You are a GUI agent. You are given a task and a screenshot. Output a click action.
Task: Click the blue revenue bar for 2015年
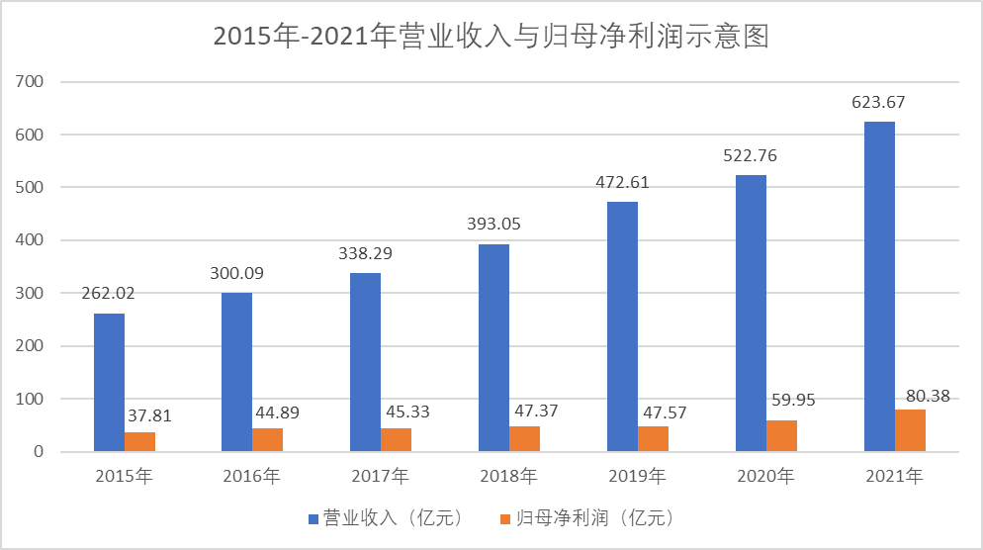point(109,383)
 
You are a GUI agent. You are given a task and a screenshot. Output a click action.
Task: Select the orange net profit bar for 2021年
point(910,430)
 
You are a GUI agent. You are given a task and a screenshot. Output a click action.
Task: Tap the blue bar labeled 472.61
point(622,326)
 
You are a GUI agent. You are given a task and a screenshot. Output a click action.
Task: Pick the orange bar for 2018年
point(525,439)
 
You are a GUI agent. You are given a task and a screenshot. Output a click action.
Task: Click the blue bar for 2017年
point(366,362)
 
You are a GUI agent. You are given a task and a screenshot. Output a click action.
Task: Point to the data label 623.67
point(879,102)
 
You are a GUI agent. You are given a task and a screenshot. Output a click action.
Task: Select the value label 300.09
point(238,273)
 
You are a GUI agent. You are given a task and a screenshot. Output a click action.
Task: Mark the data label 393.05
point(493,224)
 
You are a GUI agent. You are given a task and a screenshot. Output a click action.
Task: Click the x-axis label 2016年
point(252,477)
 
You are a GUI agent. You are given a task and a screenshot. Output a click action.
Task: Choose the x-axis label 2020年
point(765,477)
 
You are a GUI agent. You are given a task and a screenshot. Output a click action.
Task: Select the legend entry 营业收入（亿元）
point(385,518)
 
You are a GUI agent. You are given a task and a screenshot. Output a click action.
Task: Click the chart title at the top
point(491,37)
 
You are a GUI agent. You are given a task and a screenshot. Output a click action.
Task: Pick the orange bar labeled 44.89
point(268,440)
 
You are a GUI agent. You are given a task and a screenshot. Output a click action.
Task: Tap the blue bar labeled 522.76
point(751,314)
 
